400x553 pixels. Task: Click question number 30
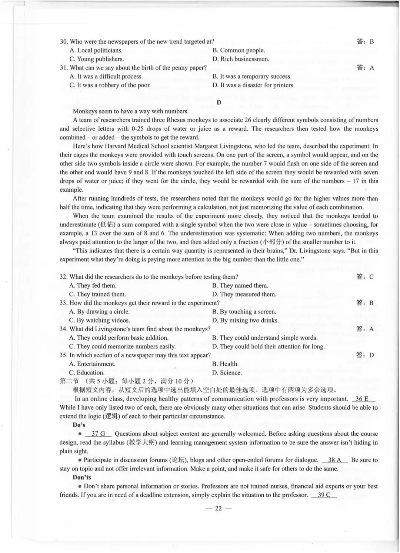coord(64,42)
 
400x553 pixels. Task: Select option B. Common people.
coord(239,50)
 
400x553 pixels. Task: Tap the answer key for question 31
coord(365,68)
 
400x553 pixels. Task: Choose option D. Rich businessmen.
coord(241,59)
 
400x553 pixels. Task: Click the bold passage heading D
coord(219,103)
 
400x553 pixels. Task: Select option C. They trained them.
coord(97,294)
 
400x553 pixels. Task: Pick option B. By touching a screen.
coord(244,312)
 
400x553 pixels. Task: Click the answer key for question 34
coord(365,329)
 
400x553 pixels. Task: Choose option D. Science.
coord(227,373)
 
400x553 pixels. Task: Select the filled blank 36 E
coord(362,399)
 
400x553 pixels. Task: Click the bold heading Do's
coord(79,425)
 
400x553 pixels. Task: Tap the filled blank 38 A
coord(334,460)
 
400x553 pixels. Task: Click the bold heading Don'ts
coord(81,477)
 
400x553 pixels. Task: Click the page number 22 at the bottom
coord(218,508)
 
